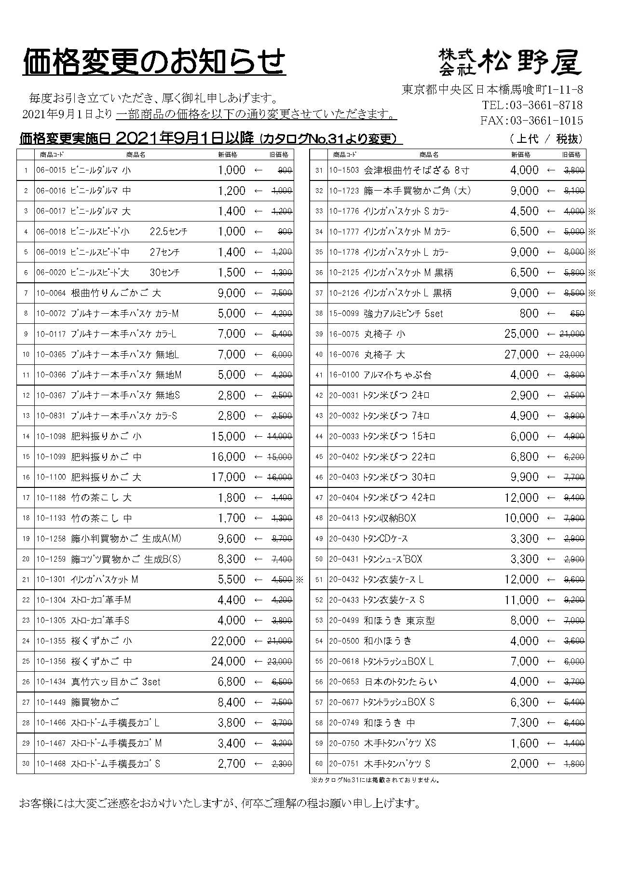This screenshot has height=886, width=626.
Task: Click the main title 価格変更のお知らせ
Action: [154, 61]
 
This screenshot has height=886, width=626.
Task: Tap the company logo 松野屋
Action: [510, 62]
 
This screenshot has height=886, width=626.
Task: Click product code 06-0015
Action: [51, 170]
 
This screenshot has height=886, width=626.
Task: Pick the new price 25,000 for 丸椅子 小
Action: [521, 334]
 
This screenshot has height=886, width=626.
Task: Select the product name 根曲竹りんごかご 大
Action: [116, 293]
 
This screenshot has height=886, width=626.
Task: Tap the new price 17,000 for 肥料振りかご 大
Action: [228, 477]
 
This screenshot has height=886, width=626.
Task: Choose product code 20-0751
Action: [344, 763]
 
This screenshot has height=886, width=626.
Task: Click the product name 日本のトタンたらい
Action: [400, 682]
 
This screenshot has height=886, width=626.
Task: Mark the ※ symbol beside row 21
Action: [299, 580]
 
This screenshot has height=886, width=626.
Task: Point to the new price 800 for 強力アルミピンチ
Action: [529, 313]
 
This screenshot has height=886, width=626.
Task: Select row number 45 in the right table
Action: [319, 457]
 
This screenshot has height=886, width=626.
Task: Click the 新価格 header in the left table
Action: [228, 154]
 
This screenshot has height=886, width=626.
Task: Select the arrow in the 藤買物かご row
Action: [259, 702]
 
